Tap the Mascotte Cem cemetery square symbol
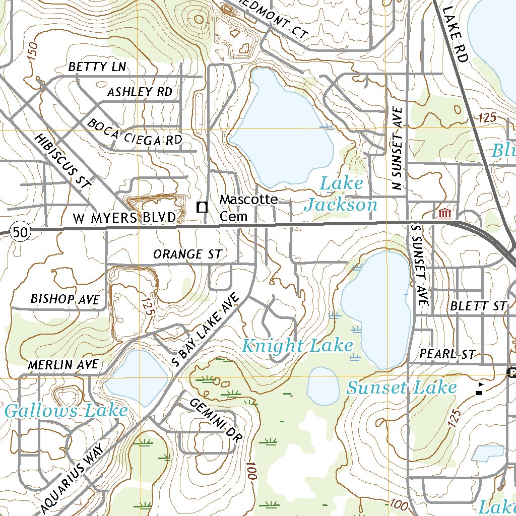(202, 207)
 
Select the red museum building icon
(444, 215)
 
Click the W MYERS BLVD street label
(124, 218)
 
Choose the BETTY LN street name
(97, 67)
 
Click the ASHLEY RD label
(140, 92)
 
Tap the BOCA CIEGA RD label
(135, 133)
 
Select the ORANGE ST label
(187, 254)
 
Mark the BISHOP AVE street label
(65, 299)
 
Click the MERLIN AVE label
(63, 364)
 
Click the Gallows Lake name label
(66, 411)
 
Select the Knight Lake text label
(297, 346)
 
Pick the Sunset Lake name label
(401, 388)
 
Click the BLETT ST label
(477, 306)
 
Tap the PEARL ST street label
(448, 354)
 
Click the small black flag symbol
(480, 388)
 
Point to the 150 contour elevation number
(33, 53)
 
